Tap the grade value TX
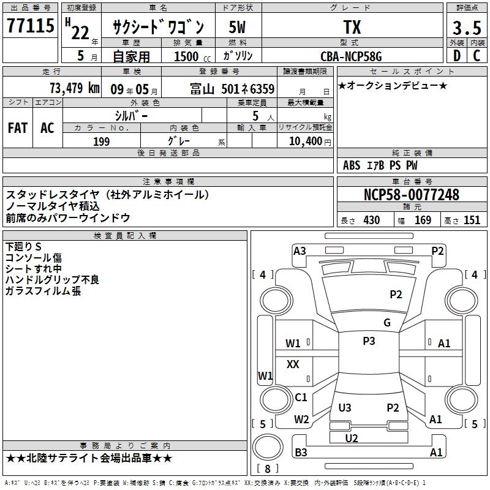tap(352, 27)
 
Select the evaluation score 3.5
tap(466, 28)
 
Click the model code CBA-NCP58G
tap(352, 56)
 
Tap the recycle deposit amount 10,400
tap(304, 141)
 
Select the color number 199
tap(101, 141)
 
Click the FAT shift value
tap(17, 128)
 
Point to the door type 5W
tap(238, 27)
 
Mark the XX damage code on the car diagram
tap(293, 364)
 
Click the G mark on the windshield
tap(386, 323)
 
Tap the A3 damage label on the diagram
tap(300, 251)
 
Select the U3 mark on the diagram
tap(345, 408)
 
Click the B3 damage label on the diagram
tap(301, 453)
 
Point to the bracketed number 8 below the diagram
tap(268, 469)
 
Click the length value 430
tap(372, 221)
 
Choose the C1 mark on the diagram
tap(301, 398)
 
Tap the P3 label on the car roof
tap(369, 341)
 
